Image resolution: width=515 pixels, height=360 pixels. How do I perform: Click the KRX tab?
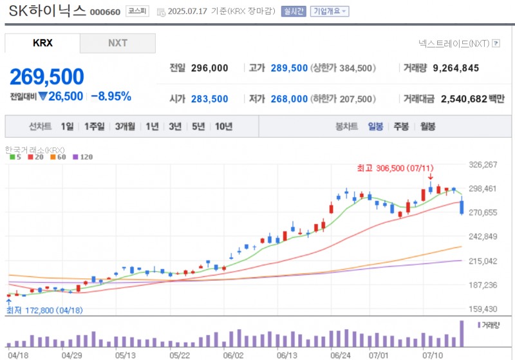[x=42, y=43]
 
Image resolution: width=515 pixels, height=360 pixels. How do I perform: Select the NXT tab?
[x=117, y=43]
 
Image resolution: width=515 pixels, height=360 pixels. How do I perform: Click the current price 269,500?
[x=46, y=77]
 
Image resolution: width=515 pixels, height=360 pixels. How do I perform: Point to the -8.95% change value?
[x=111, y=97]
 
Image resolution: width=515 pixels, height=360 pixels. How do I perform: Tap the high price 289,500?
[x=289, y=68]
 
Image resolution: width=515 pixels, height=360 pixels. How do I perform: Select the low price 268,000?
[x=289, y=99]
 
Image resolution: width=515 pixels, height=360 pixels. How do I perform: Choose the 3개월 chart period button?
[x=125, y=127]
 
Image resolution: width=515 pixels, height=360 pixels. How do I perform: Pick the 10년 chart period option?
[x=224, y=127]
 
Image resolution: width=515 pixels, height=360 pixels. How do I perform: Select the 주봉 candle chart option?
[x=401, y=127]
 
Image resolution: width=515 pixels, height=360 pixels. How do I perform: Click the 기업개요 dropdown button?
[x=330, y=12]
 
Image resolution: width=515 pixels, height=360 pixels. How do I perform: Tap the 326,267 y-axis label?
[x=484, y=165]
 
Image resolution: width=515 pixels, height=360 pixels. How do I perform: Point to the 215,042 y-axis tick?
[x=484, y=261]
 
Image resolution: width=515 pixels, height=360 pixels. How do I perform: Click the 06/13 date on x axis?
[x=286, y=354]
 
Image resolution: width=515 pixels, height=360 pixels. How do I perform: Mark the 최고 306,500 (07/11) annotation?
[x=393, y=168]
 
